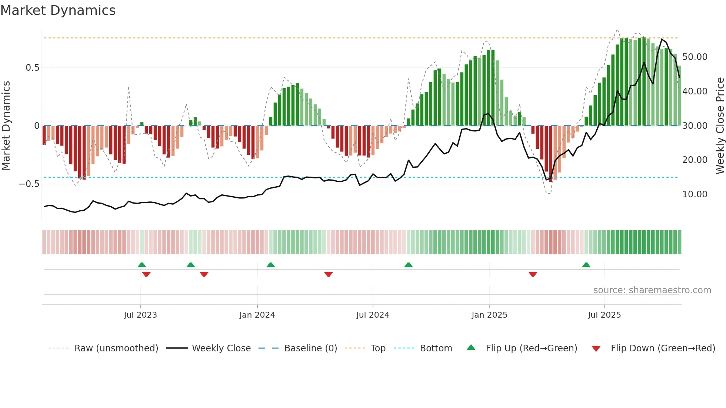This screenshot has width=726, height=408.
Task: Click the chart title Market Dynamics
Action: click(x=58, y=10)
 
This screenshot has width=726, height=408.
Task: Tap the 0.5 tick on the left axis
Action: click(x=32, y=68)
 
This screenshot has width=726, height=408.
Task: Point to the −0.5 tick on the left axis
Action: click(x=29, y=184)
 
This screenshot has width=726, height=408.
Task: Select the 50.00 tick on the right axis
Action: click(x=695, y=57)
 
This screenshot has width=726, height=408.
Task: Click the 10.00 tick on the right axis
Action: click(x=695, y=194)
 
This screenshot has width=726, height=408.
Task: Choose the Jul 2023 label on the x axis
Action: click(x=140, y=315)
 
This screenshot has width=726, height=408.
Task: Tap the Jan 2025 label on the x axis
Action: click(x=489, y=315)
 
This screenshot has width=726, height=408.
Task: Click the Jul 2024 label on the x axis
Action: click(x=373, y=315)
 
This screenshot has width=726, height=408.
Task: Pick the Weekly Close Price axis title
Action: click(x=720, y=126)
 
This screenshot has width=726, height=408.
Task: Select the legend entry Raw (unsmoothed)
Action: click(x=116, y=348)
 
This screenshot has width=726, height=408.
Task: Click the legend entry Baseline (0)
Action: click(x=310, y=348)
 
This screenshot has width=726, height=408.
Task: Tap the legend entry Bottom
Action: click(x=436, y=348)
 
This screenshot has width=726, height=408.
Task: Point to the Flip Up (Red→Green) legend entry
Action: click(x=531, y=348)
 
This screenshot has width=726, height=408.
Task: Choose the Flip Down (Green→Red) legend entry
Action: click(x=663, y=348)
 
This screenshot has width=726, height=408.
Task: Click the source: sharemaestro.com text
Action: click(x=652, y=290)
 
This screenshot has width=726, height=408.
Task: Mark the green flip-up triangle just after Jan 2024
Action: click(x=271, y=265)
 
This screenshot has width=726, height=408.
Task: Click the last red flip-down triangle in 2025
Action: click(x=533, y=274)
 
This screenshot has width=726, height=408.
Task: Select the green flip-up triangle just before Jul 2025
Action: click(x=586, y=265)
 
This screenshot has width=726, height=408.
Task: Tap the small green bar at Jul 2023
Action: click(x=142, y=124)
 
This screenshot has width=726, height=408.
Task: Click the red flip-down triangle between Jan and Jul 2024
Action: click(x=328, y=274)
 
